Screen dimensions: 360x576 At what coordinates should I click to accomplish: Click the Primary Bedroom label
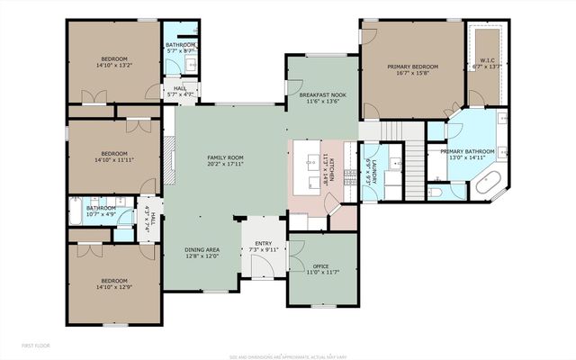[413, 67]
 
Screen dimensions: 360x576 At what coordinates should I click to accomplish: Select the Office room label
[321, 266]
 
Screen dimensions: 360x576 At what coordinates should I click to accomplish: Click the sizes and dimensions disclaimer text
[287, 355]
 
